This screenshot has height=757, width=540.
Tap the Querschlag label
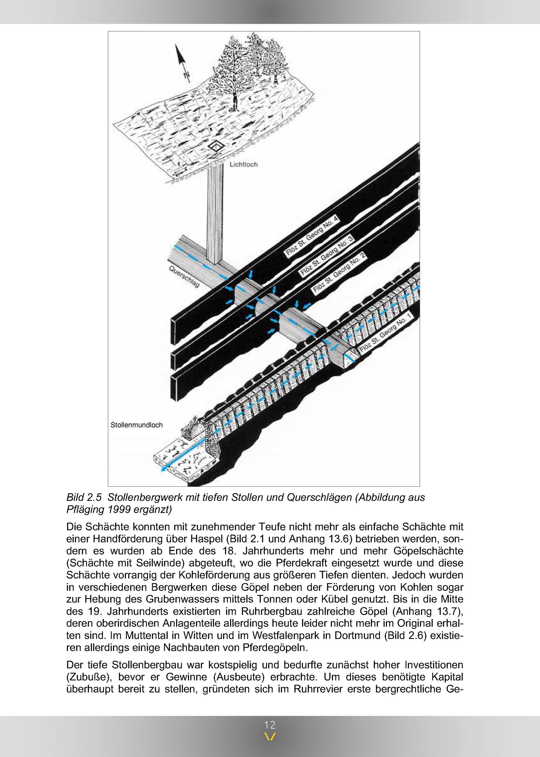[184, 277]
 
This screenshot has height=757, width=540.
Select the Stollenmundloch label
[136, 425]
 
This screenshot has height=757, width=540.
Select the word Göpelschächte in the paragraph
[428, 551]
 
